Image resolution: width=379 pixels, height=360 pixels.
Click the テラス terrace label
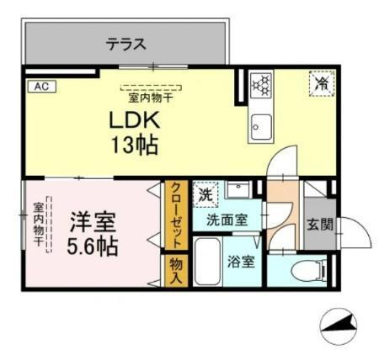pos(125,44)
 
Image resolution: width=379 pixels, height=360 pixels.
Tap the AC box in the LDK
pos(39,86)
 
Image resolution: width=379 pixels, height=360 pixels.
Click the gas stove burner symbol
pos(261,84)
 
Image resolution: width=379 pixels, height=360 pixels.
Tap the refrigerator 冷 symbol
pos(321,84)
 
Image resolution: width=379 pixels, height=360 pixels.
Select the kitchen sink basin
pos(259,129)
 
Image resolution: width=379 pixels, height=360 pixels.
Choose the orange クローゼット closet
pos(175,214)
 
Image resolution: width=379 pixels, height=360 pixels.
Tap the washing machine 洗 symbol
pos(205,195)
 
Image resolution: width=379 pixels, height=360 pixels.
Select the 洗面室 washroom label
pos(228,220)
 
